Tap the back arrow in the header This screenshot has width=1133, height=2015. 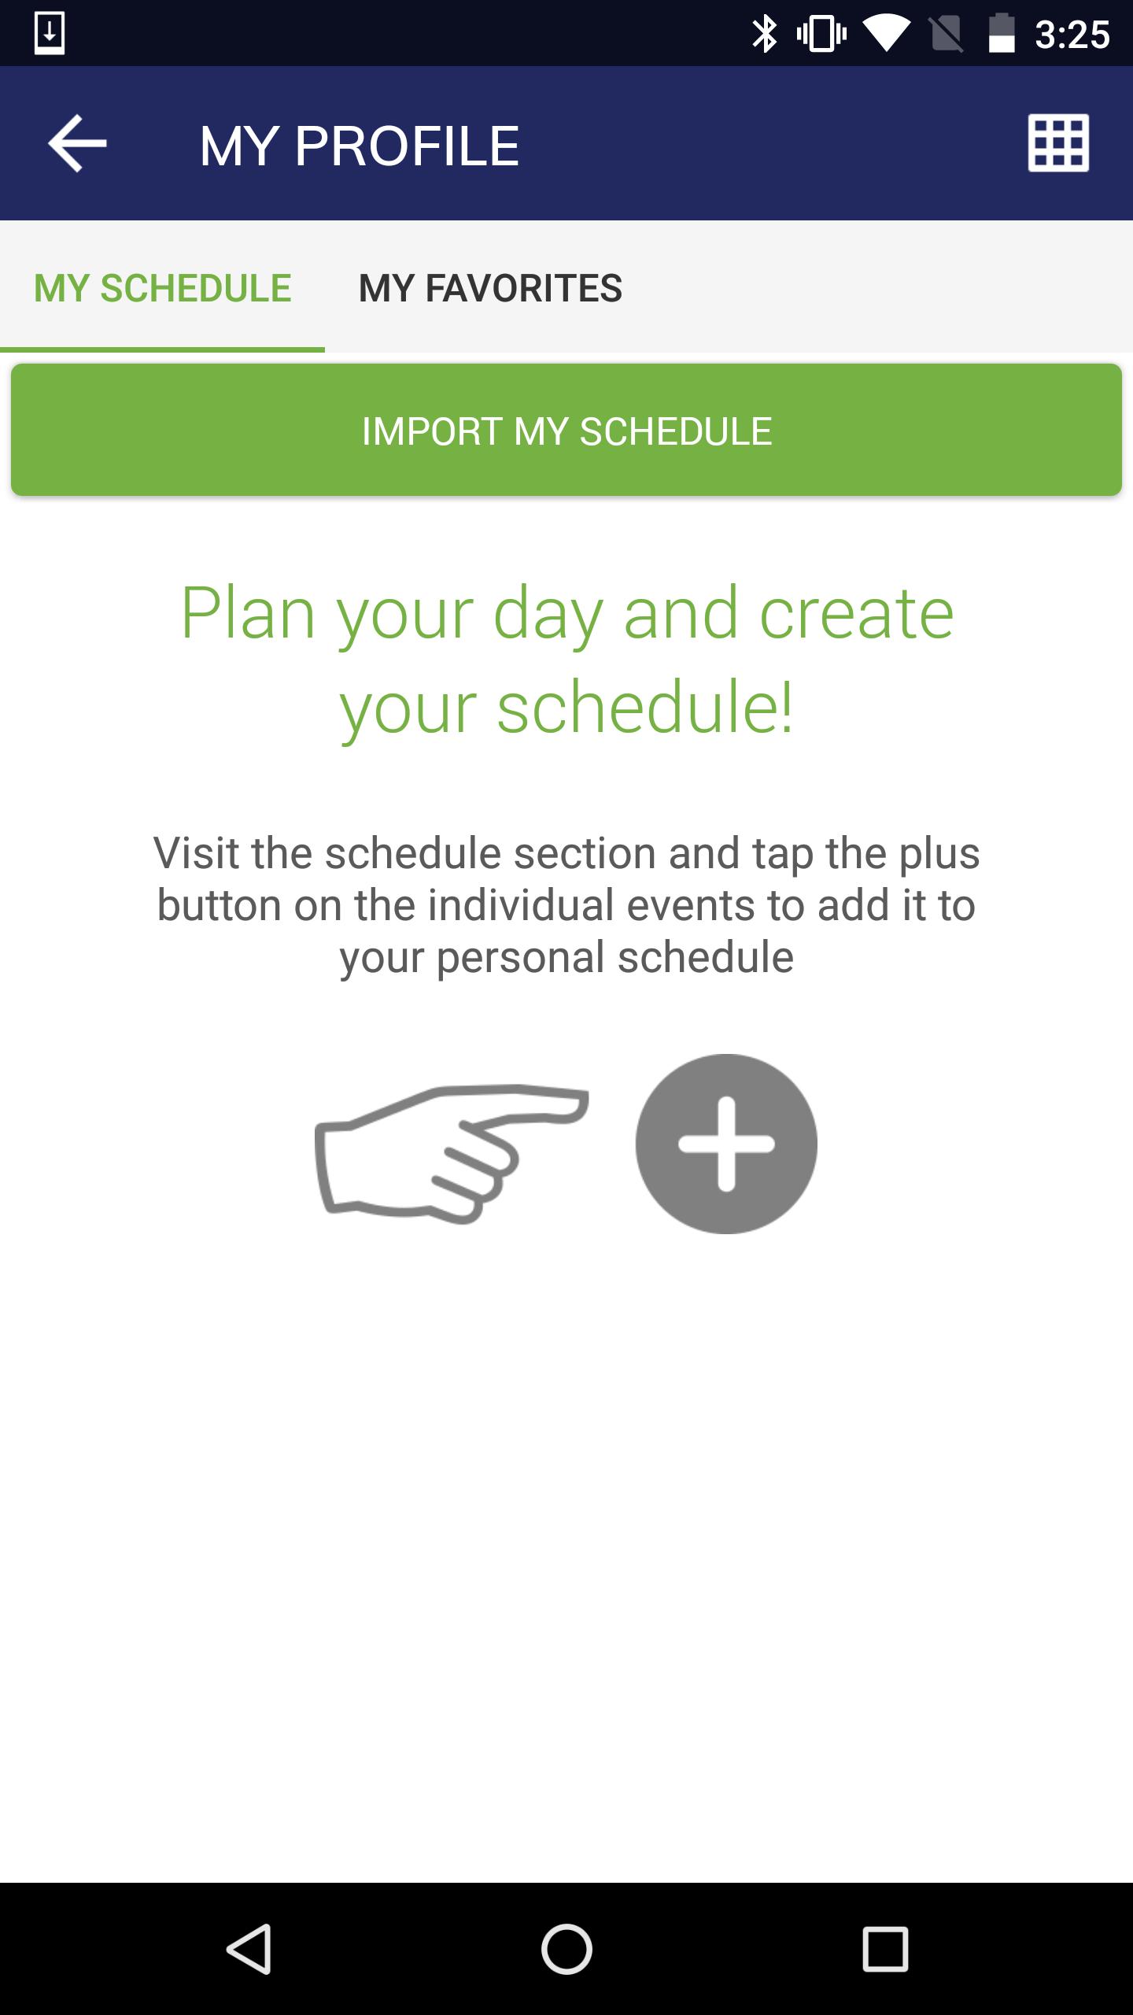77,143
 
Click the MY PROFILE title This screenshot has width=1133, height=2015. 360,146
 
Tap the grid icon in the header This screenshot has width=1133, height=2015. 1058,143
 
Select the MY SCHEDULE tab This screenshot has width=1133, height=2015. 163,288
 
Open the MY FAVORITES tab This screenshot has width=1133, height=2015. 490,288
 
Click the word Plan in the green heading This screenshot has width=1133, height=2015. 248,613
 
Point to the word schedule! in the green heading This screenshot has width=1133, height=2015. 645,707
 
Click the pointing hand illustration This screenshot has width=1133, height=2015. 451,1153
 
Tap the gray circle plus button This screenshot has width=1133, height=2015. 726,1144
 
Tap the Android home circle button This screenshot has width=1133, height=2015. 566,1949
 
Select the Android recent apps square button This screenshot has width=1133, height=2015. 885,1949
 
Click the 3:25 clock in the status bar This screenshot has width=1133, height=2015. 1072,35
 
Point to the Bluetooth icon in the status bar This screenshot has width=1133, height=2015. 764,35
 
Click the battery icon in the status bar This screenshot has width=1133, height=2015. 1002,34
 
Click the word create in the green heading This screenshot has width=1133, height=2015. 856,613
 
